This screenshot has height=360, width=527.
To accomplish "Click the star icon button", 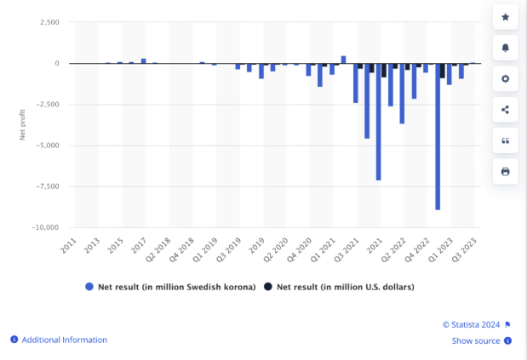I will click(x=505, y=17).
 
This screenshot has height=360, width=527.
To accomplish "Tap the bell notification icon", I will click(x=505, y=48).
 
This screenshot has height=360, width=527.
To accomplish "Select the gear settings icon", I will click(x=505, y=78).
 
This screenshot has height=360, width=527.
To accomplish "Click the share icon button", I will click(x=505, y=110).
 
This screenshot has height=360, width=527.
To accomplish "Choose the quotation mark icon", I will click(x=505, y=140).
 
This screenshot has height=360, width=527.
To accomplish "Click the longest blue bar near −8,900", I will click(x=438, y=136).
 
